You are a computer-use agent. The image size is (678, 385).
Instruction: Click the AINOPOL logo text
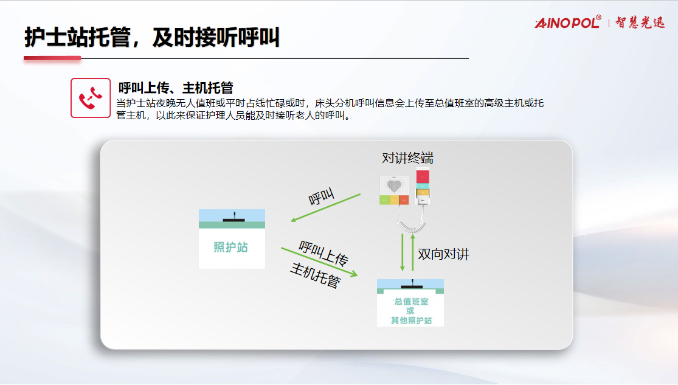[x=568, y=22]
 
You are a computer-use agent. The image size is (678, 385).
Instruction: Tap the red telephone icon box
[x=91, y=98]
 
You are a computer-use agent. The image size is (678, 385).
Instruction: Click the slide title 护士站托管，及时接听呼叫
[x=152, y=37]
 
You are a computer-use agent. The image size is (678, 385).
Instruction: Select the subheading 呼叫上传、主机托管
[x=176, y=88]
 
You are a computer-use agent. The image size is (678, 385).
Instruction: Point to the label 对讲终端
[x=407, y=158]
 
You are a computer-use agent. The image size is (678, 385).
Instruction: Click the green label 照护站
[x=231, y=247]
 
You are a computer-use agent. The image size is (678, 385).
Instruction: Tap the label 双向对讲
[x=443, y=254]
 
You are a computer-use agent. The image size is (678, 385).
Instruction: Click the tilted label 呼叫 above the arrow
[x=321, y=196]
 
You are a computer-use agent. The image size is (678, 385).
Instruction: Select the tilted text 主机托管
[x=315, y=275]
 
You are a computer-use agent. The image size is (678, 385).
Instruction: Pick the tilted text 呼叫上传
[x=323, y=253]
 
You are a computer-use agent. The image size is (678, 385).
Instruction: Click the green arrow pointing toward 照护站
[x=325, y=207]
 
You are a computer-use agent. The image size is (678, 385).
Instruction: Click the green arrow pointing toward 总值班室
[x=320, y=262]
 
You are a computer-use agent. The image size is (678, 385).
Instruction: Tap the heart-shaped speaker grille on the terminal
[x=394, y=186]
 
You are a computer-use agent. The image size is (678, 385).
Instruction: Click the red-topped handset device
[x=423, y=186]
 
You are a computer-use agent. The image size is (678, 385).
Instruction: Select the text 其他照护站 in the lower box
[x=411, y=321]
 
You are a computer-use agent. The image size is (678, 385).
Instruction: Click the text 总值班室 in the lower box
[x=411, y=302]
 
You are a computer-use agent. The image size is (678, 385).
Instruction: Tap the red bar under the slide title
[x=52, y=58]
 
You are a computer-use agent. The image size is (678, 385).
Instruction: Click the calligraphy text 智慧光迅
[x=640, y=23]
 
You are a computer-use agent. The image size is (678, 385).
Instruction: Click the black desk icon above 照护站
[x=234, y=218]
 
